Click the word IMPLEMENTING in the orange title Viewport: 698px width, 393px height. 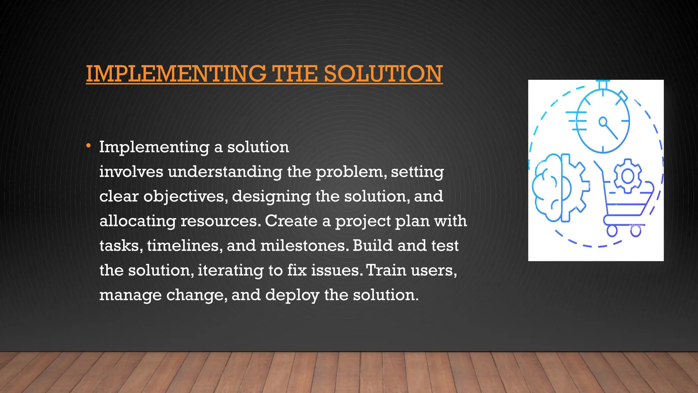pyautogui.click(x=176, y=74)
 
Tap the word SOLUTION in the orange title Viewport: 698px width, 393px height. pyautogui.click(x=383, y=74)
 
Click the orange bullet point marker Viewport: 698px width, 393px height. pyautogui.click(x=88, y=146)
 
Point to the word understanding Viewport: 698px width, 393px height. pyautogui.click(x=225, y=172)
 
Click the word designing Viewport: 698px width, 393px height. pyautogui.click(x=271, y=196)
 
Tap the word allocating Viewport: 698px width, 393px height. pyautogui.click(x=138, y=221)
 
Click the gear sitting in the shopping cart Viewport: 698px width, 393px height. pyautogui.click(x=628, y=176)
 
